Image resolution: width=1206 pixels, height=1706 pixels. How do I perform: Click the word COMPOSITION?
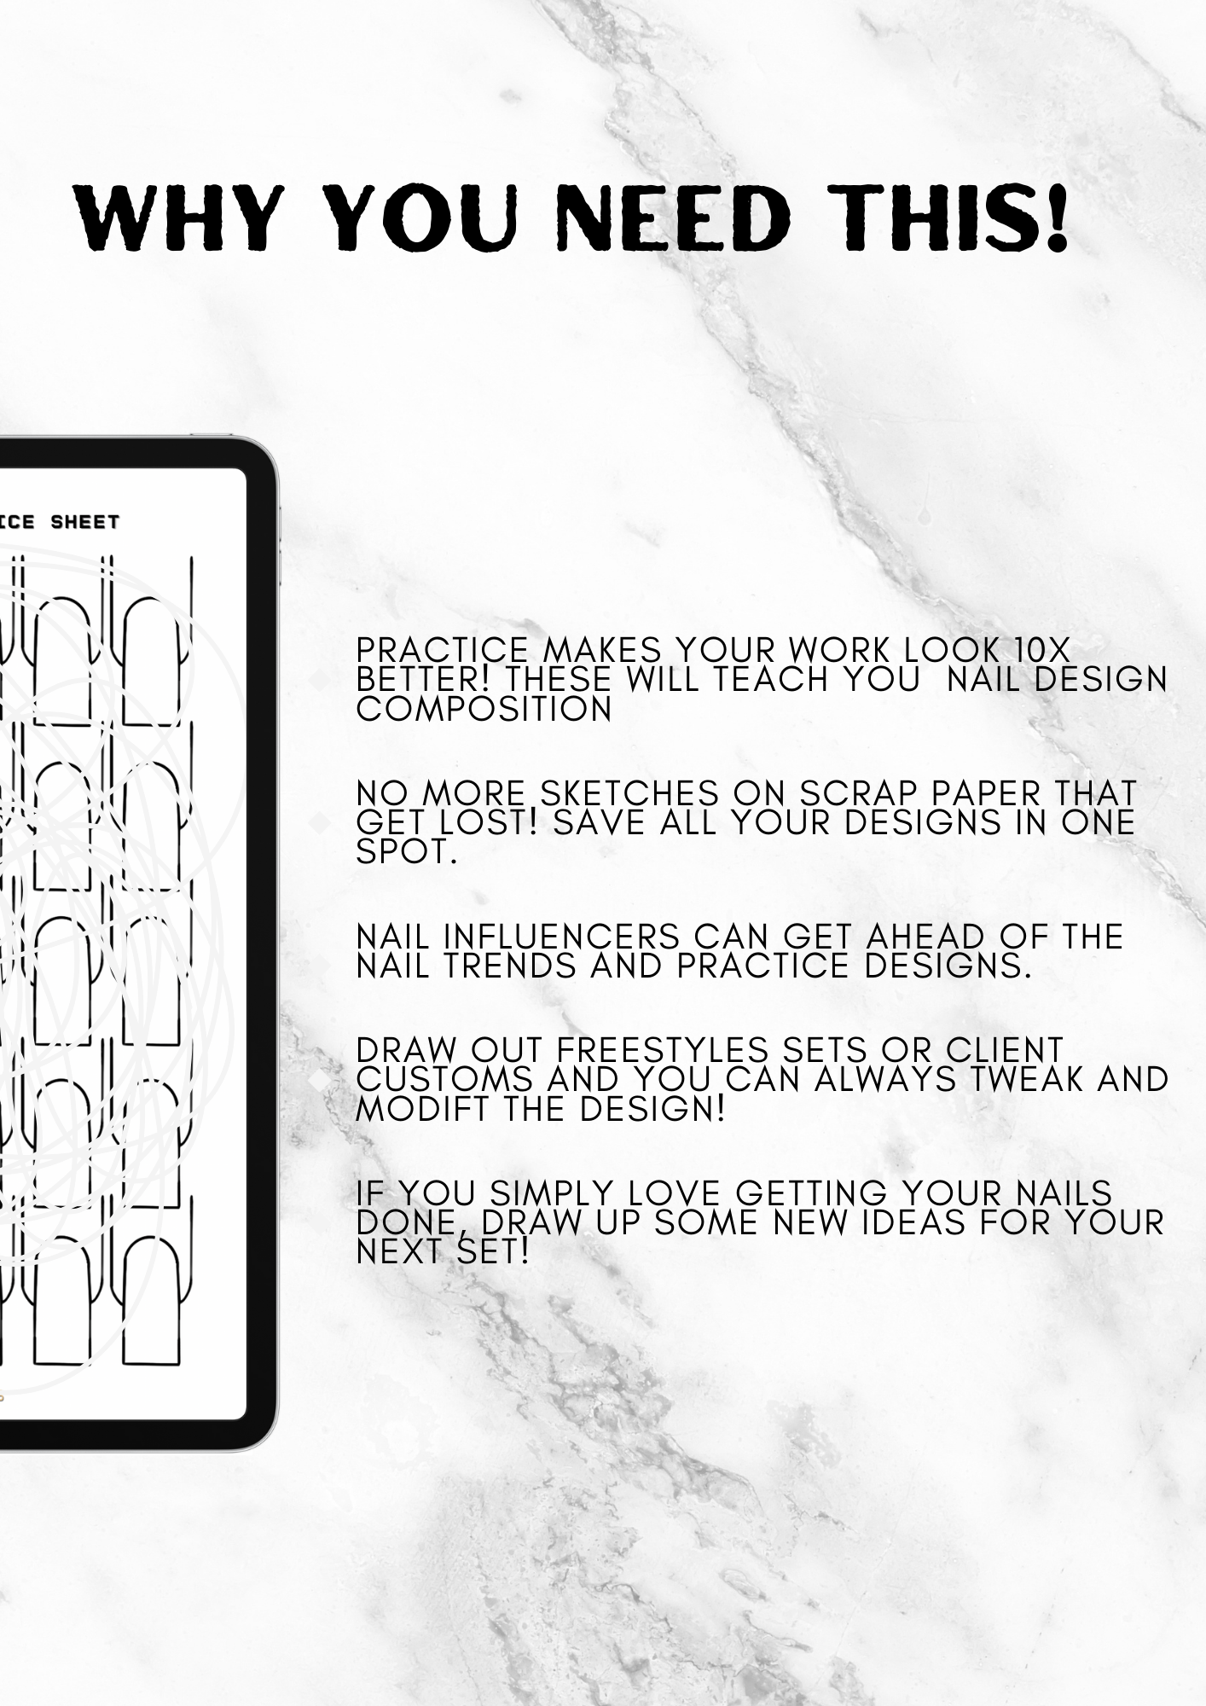pos(484,709)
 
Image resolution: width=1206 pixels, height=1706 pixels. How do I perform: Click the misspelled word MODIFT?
pos(434,1109)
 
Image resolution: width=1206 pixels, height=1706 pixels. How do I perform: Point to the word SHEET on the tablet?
pos(85,522)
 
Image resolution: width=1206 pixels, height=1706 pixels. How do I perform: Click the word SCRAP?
pos(860,793)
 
